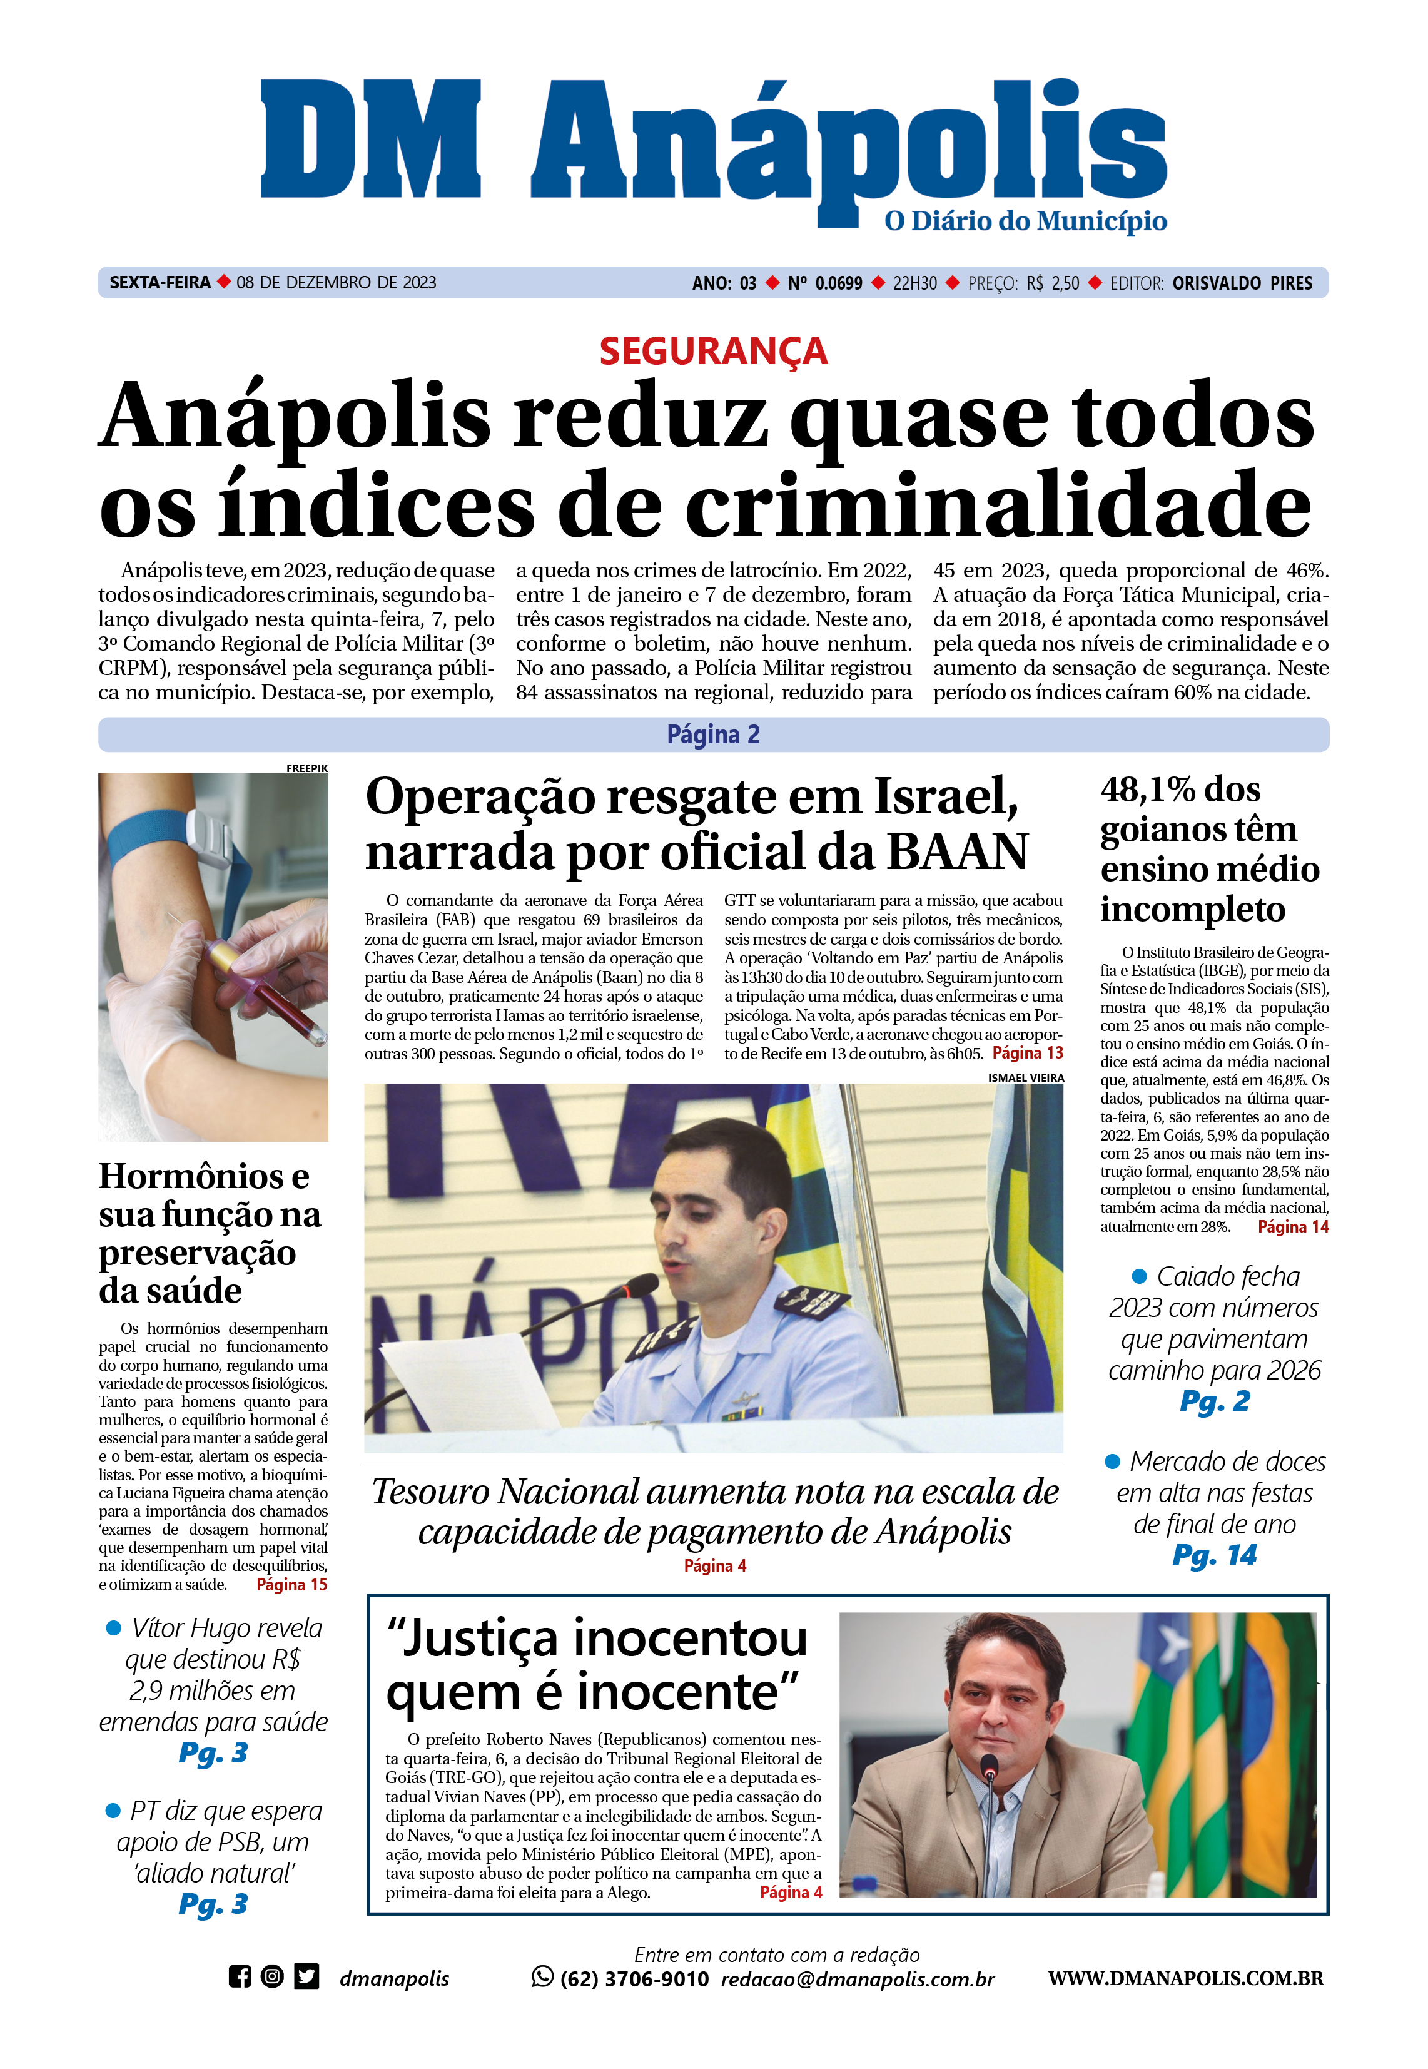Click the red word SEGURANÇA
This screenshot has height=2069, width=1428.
[713, 351]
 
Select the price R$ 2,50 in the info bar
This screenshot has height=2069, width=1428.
[1053, 283]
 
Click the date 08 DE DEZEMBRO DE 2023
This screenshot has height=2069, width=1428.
[337, 283]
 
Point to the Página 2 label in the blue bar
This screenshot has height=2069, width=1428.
[713, 735]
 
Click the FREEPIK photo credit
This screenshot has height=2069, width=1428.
[307, 768]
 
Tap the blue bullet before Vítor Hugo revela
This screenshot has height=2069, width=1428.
[114, 1628]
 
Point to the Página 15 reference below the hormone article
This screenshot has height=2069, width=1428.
[291, 1585]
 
